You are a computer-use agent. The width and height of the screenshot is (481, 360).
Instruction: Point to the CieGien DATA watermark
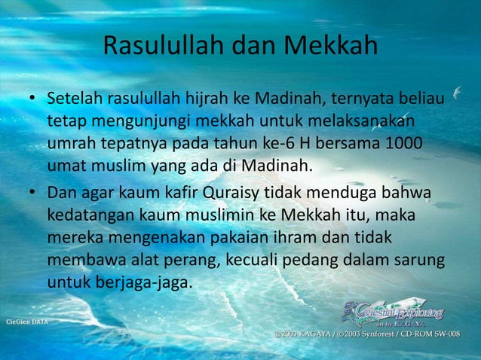pos(26,322)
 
